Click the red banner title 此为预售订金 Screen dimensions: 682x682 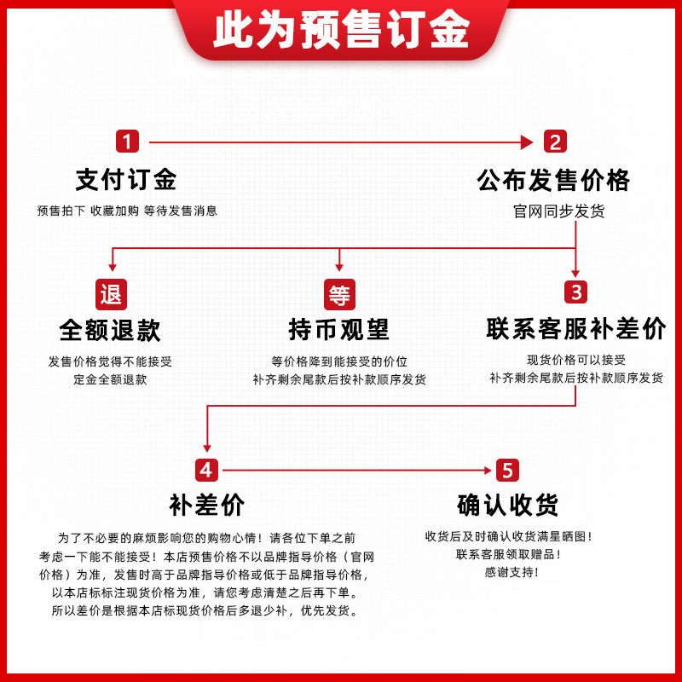click(341, 32)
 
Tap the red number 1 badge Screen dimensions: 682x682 click(127, 142)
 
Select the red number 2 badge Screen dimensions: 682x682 click(554, 142)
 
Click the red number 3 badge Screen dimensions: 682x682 click(577, 292)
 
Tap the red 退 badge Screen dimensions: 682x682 click(111, 294)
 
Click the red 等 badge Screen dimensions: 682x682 click(339, 294)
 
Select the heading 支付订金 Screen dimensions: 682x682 click(126, 180)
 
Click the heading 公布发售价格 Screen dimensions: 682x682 click(553, 180)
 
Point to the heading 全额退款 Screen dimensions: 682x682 click(110, 330)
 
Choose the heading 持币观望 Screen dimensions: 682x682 click(339, 330)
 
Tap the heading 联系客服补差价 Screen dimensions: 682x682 click(576, 330)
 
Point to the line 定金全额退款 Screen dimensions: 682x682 click(110, 379)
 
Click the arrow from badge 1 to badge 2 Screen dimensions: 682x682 click(341, 142)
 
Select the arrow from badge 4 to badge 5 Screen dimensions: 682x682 click(358, 470)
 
